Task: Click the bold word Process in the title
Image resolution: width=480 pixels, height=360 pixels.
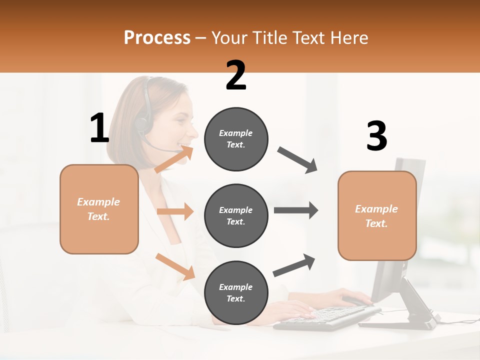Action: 157,37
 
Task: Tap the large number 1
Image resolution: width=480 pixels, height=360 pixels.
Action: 99,128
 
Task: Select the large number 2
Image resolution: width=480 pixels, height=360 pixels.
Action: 236,75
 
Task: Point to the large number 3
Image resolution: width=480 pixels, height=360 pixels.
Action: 376,136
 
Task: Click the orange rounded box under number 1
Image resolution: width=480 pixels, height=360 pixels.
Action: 99,209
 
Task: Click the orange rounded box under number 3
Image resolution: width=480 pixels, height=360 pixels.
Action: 377,216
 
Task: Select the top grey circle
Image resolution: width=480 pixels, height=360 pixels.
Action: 236,139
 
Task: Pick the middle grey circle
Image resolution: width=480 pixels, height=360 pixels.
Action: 236,215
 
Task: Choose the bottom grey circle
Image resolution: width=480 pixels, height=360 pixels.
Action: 236,292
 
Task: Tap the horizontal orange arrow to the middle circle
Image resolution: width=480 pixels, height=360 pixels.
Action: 175,211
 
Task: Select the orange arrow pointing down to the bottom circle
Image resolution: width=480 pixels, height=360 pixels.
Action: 175,266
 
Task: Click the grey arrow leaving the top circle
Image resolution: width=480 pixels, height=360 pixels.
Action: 297,160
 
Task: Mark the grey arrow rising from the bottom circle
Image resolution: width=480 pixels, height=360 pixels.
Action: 294,265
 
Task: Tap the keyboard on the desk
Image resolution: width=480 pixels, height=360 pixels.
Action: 325,318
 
